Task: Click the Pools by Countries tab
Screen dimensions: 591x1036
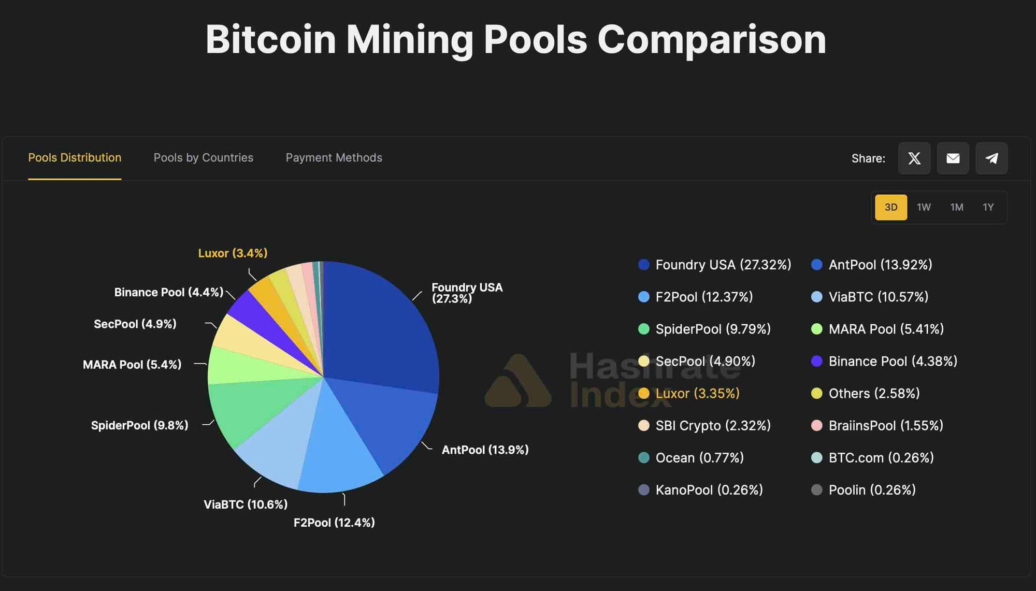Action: (203, 158)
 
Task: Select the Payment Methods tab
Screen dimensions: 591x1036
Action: (334, 158)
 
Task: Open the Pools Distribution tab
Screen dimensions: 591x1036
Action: (75, 158)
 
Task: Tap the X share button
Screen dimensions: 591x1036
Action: (914, 158)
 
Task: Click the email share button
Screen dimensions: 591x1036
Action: (953, 158)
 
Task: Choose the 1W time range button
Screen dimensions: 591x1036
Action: (924, 207)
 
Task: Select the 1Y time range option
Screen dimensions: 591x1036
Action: (988, 207)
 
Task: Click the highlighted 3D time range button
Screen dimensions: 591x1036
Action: (891, 207)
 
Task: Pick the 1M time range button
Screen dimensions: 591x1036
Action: (956, 207)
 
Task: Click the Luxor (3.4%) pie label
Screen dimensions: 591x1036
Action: (233, 253)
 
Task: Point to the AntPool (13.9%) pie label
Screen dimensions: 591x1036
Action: (485, 450)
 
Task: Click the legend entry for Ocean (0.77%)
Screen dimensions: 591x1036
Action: (699, 458)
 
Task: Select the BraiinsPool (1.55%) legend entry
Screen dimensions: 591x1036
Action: (885, 426)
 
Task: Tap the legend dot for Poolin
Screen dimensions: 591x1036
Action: (816, 490)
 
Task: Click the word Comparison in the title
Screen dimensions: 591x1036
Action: (711, 40)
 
